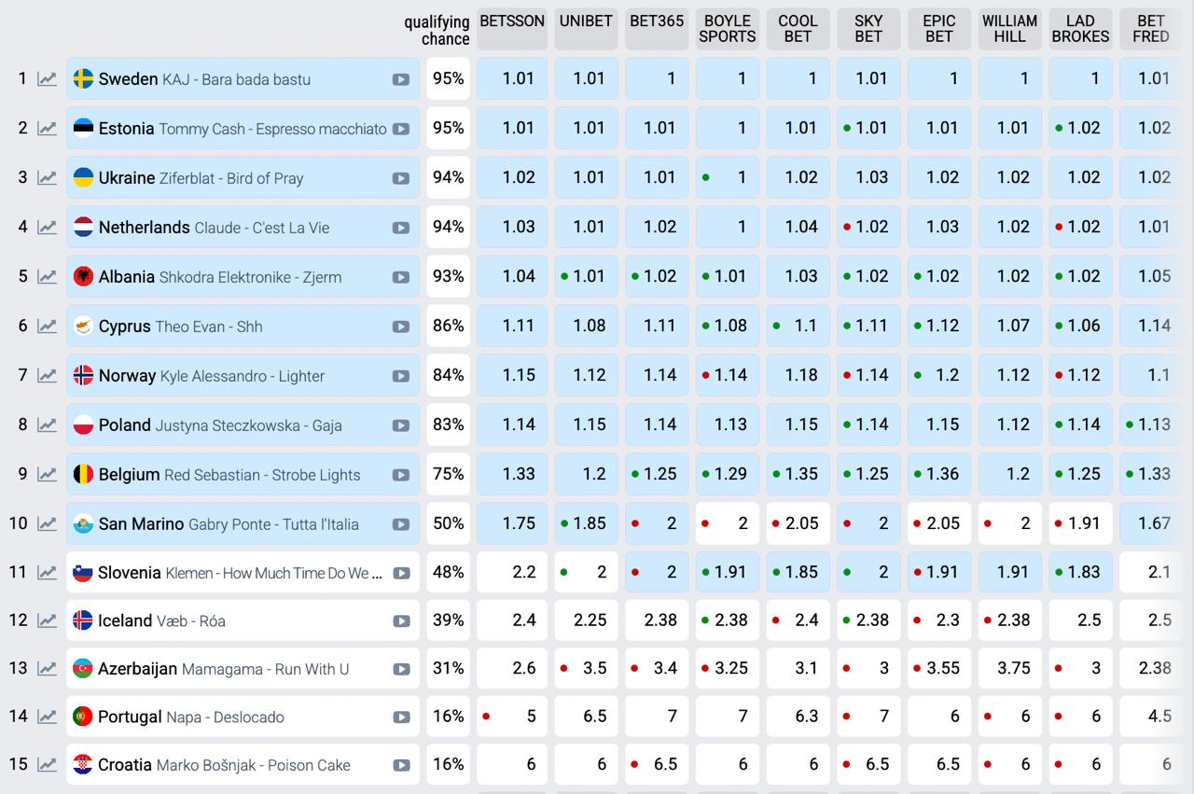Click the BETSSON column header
[x=512, y=29]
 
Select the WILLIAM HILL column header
[x=1009, y=29]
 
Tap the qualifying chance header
[x=437, y=30]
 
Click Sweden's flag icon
[x=83, y=78]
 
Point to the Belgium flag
[x=83, y=474]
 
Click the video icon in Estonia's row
[x=401, y=129]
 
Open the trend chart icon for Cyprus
[x=47, y=326]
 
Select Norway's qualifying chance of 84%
[x=448, y=375]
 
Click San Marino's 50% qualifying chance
[x=448, y=523]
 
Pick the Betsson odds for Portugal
[x=512, y=717]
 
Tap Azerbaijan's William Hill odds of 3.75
[x=1009, y=668]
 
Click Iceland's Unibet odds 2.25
[x=586, y=620]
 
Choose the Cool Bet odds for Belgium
[x=798, y=474]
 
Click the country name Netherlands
[x=144, y=227]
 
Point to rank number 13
[x=19, y=668]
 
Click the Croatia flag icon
[x=83, y=764]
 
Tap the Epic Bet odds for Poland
[x=939, y=425]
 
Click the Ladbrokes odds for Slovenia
[x=1080, y=572]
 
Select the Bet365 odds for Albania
[x=657, y=276]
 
